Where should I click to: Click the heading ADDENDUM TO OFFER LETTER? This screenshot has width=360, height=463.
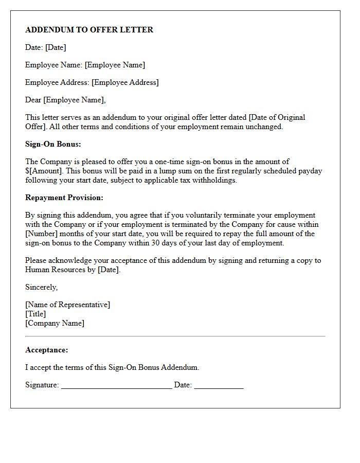point(89,30)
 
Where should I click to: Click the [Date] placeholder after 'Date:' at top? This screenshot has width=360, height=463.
point(56,47)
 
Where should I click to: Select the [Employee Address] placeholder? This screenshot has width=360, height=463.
point(125,82)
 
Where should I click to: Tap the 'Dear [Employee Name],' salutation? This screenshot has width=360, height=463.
point(65,100)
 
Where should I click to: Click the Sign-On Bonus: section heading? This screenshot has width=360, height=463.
point(53,144)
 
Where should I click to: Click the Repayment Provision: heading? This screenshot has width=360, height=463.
point(64,198)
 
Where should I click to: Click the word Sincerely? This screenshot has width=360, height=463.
point(41,287)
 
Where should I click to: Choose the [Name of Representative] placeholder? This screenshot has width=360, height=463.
point(67,305)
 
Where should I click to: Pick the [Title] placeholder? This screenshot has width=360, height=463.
point(35,314)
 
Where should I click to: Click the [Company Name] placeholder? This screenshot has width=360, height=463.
point(55,323)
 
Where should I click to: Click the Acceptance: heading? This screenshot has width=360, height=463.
point(46,350)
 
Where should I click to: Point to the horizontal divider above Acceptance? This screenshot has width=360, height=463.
point(175,336)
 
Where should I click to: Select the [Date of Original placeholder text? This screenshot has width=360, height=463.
point(277,117)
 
